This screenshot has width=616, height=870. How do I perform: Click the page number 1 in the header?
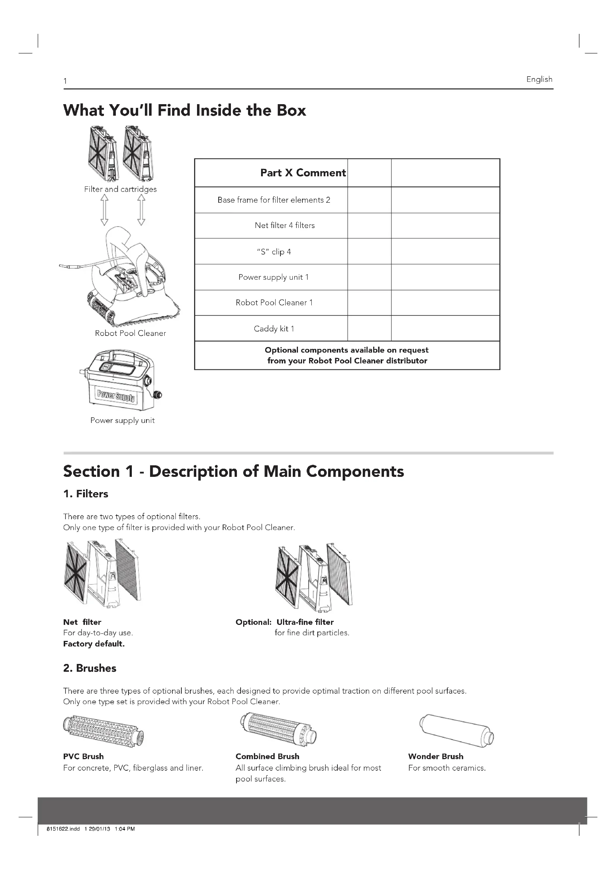65,81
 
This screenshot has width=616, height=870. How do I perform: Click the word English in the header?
539,79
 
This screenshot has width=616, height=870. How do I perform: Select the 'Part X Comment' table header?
303,173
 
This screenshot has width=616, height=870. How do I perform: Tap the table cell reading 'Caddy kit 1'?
274,328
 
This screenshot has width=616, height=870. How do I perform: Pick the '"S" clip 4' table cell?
274,251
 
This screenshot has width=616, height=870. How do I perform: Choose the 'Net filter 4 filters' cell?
285,225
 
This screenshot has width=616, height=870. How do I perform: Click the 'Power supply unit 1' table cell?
273,277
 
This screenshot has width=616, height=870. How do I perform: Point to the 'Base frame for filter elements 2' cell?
273,200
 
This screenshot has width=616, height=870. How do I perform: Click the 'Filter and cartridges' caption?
120,189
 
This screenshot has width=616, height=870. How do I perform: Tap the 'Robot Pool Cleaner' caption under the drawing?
130,333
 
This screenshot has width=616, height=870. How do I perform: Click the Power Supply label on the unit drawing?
116,396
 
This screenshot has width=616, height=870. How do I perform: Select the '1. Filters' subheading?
86,494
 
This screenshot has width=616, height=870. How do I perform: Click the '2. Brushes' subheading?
89,668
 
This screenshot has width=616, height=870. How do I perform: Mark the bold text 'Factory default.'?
94,644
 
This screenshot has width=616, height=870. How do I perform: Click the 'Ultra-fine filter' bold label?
305,622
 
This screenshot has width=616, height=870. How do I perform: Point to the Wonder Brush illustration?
456,730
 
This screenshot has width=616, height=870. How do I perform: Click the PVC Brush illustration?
104,731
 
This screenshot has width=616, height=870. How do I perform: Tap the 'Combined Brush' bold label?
267,756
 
